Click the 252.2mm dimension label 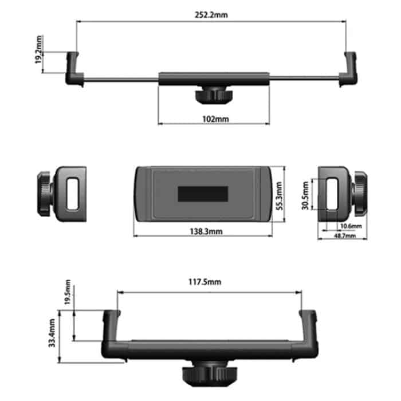(x=211, y=15)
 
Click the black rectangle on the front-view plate (x=203, y=194)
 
